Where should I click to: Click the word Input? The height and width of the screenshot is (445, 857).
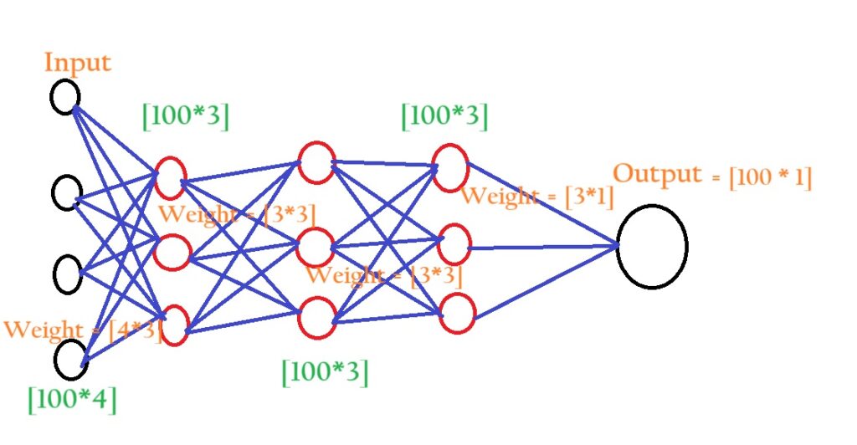tap(77, 64)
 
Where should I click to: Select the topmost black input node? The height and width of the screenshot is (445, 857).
tap(65, 95)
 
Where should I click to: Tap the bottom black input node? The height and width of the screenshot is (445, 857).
tap(71, 359)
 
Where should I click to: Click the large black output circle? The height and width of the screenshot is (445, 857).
tap(652, 247)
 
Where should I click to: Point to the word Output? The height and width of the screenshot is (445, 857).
tap(657, 175)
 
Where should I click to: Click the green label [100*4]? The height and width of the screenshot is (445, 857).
tap(72, 399)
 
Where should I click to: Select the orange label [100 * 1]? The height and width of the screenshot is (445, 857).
tap(770, 178)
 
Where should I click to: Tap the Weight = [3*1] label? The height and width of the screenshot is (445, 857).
tap(537, 197)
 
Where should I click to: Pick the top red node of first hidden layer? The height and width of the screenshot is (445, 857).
tap(170, 177)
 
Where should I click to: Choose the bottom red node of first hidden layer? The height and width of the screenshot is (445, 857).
tap(175, 326)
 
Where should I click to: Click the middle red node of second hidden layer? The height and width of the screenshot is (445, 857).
tap(316, 248)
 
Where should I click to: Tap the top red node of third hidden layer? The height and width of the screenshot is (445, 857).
tap(450, 166)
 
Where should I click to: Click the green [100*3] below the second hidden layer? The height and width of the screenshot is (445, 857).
tap(325, 371)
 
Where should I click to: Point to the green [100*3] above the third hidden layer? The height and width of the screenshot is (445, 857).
tap(444, 116)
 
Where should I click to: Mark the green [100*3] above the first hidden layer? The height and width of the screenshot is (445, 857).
tap(185, 116)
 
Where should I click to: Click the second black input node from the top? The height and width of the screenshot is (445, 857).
tap(66, 193)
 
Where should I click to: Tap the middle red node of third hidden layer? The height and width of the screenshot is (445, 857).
tap(454, 244)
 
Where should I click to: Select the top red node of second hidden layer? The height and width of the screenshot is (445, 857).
tap(316, 162)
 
